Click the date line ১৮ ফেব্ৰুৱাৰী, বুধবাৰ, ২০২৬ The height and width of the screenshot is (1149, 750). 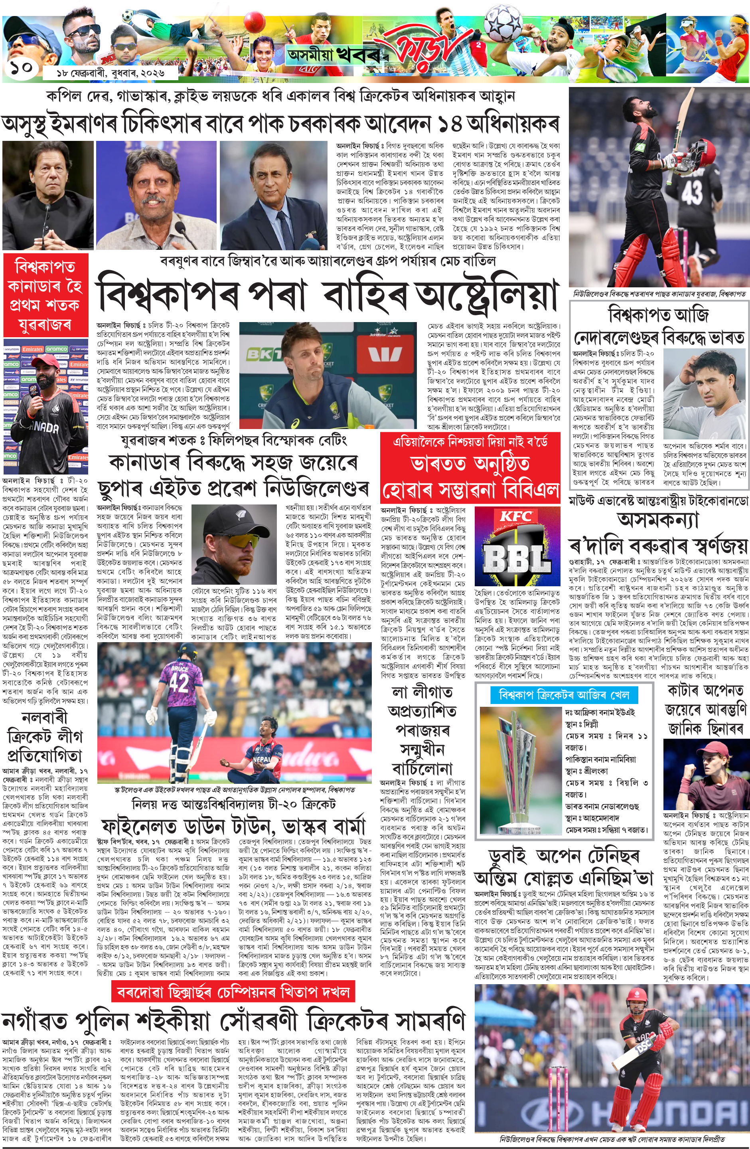pyautogui.click(x=111, y=73)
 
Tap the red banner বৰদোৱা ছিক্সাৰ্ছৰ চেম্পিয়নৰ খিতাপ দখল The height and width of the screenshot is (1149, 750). pyautogui.click(x=234, y=992)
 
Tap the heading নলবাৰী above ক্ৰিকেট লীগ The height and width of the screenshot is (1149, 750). pyautogui.click(x=44, y=718)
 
